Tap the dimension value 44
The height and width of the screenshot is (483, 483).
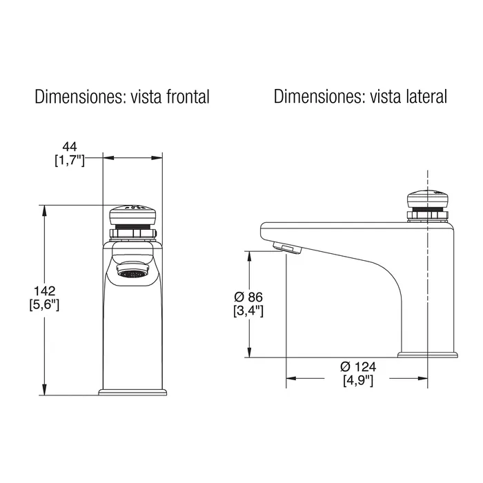click(69, 146)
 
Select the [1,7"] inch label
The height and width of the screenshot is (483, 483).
click(69, 160)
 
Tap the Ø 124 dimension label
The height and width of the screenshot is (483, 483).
click(357, 366)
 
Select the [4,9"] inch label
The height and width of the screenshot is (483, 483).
click(357, 379)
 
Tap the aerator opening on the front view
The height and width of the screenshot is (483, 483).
click(132, 273)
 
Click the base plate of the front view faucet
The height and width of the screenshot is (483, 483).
click(132, 393)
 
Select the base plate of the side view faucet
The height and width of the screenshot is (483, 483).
click(428, 355)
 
